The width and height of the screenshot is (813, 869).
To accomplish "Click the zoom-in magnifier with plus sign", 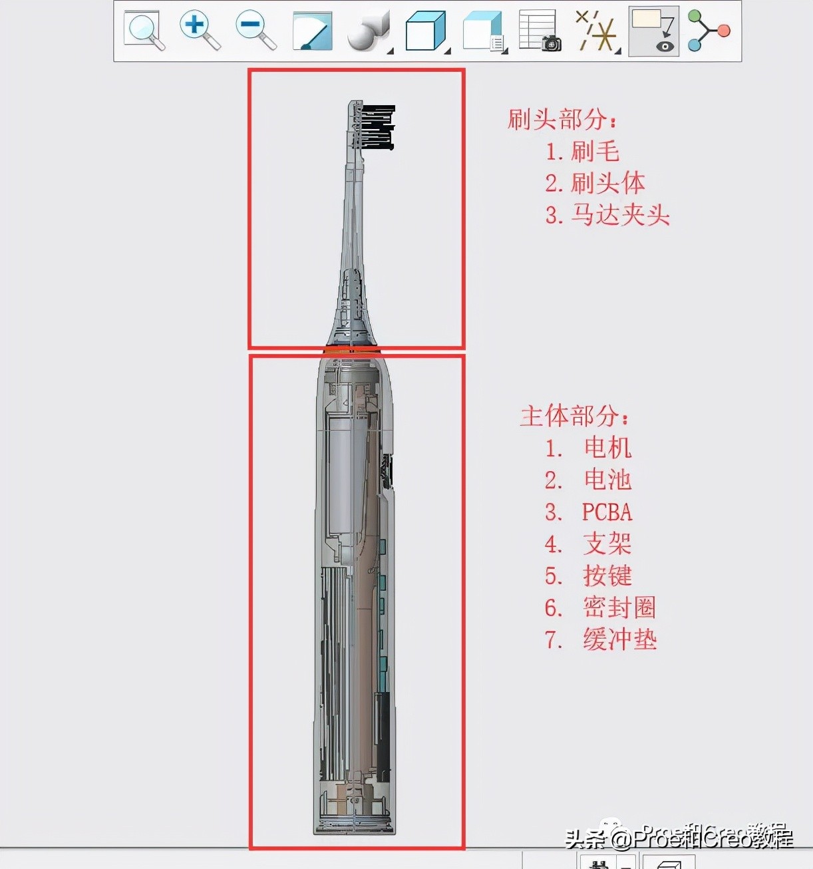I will click(x=199, y=31).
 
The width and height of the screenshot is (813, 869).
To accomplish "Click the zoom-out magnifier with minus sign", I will click(x=255, y=31).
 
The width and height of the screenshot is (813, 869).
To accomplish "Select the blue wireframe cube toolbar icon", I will click(x=426, y=31).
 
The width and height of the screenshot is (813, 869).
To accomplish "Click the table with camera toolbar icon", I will click(x=540, y=31).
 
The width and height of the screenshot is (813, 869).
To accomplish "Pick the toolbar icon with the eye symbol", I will click(x=653, y=31).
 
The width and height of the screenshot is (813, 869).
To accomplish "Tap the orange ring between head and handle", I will click(x=352, y=349).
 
